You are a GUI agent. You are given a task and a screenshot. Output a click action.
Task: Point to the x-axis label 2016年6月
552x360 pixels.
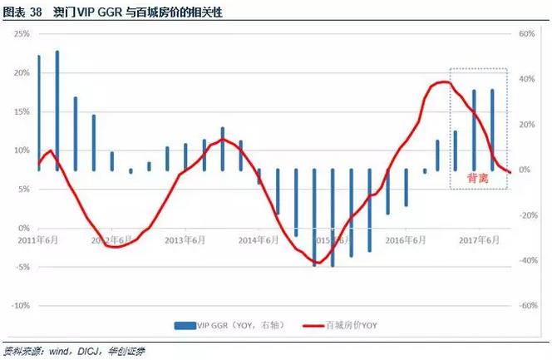(x=407, y=239)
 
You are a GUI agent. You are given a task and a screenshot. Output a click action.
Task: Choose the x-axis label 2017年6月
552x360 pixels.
(x=480, y=239)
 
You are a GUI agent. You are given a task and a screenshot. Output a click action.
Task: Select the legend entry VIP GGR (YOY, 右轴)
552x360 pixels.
(x=229, y=325)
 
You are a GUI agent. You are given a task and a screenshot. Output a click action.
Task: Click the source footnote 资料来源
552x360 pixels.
(x=25, y=351)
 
